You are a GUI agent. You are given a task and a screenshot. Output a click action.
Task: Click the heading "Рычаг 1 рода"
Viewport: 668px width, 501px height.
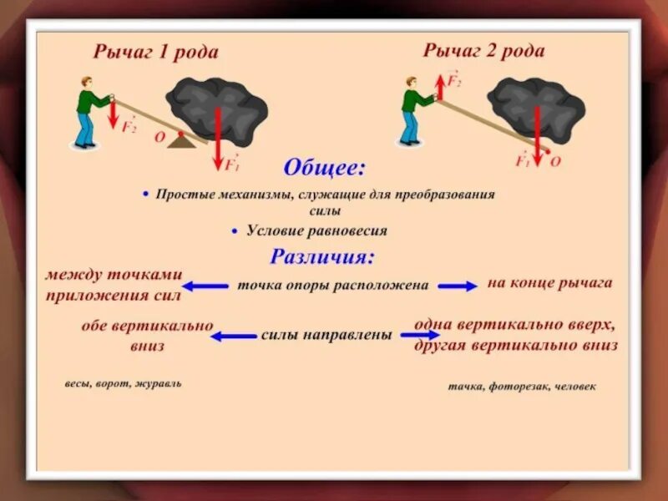coord(156,53)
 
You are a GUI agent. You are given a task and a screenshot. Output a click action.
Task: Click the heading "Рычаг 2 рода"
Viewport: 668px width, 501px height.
coord(483,51)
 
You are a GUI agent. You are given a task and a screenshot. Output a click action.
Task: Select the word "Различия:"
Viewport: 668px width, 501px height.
coord(323,256)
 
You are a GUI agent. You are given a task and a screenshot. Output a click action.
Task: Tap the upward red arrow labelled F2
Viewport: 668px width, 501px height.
coord(440,85)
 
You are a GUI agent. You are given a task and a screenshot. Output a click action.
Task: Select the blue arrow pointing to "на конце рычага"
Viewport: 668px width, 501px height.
coord(457,286)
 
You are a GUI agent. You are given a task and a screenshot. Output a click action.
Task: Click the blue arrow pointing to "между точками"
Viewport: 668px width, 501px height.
coord(205,286)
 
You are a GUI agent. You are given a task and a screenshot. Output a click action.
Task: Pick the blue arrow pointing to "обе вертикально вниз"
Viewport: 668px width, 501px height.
coord(233,337)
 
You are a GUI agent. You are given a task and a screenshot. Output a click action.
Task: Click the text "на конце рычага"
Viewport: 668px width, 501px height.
coord(549,283)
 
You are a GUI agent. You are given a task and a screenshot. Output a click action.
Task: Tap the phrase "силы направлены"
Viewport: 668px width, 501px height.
coord(326,335)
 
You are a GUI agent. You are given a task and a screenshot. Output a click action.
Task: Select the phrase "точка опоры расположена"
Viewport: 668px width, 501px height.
coord(333,285)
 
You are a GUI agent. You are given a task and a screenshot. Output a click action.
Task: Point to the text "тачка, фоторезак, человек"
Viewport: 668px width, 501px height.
coord(522,387)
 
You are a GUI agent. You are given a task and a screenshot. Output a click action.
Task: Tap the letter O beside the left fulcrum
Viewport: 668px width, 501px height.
coord(159,139)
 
